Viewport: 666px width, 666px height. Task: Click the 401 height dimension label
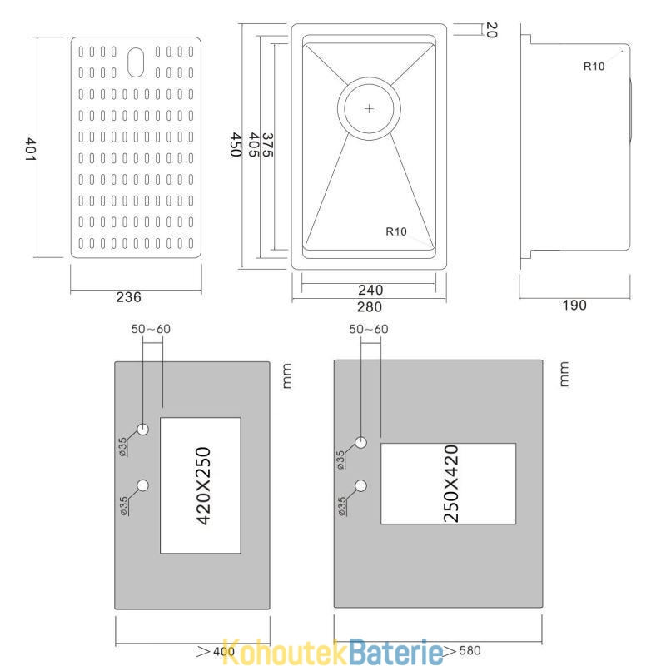(x=30, y=149)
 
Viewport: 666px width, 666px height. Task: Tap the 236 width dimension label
(x=129, y=297)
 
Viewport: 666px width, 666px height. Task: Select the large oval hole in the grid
(x=136, y=62)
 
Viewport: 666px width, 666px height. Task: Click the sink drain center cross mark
(x=369, y=109)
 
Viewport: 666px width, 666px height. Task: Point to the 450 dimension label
(x=236, y=145)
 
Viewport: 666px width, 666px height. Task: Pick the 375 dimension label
(x=267, y=145)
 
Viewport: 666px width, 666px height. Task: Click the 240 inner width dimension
(x=370, y=290)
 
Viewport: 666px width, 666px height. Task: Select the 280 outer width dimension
(x=370, y=307)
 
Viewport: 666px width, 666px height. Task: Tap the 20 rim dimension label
(x=491, y=30)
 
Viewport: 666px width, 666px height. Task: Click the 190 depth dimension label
(x=574, y=306)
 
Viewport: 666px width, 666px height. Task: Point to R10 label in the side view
(x=594, y=67)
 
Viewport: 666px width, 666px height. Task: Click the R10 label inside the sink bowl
(x=396, y=231)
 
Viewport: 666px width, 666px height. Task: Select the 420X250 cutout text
(x=204, y=486)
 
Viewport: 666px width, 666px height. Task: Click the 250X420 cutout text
(x=451, y=484)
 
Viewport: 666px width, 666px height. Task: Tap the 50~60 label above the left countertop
(x=151, y=329)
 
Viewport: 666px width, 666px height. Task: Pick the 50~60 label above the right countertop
(x=369, y=329)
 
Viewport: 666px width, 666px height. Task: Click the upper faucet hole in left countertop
(x=142, y=429)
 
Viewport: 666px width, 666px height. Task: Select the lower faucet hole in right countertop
(x=361, y=485)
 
